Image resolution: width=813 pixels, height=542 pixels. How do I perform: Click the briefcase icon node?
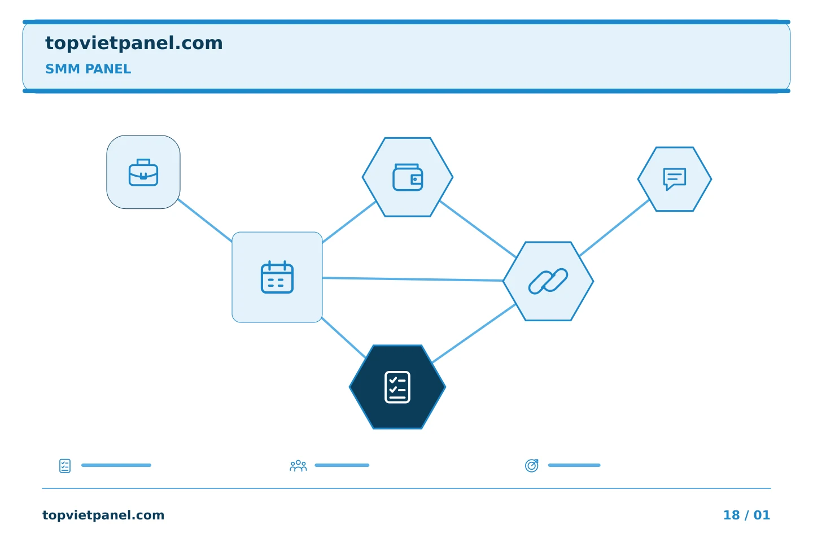point(143,172)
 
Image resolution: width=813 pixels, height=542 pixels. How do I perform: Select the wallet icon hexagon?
point(408,177)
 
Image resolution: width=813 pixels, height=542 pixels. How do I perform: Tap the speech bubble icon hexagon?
point(675,179)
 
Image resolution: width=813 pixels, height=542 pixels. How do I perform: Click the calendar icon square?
point(277,277)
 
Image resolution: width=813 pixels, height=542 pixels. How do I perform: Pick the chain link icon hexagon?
point(548,281)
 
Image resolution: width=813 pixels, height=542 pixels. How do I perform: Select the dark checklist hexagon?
point(397,387)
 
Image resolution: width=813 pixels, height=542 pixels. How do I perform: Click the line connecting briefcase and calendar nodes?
point(205,220)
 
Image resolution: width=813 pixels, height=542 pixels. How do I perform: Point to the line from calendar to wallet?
point(349,222)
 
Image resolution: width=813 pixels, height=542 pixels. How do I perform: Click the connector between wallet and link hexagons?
point(478,229)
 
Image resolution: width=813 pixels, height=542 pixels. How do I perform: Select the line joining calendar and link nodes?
point(413,279)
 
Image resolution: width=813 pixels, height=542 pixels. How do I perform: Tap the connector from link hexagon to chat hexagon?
point(614,228)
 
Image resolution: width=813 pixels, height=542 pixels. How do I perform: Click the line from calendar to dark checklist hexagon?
point(344,338)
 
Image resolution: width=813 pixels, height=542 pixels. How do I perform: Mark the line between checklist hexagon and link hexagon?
point(474,333)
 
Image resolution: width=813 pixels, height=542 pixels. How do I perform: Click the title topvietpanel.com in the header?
point(134,43)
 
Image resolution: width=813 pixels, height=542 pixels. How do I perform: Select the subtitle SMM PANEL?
point(88,69)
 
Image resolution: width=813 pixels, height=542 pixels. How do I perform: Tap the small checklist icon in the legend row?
point(65,466)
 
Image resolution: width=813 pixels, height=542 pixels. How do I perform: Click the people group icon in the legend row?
point(298,466)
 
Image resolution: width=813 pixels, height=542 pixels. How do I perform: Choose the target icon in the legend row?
point(532,465)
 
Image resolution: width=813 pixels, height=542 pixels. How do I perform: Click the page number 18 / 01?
point(746,515)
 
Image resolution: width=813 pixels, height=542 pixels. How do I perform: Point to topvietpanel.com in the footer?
point(103,515)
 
